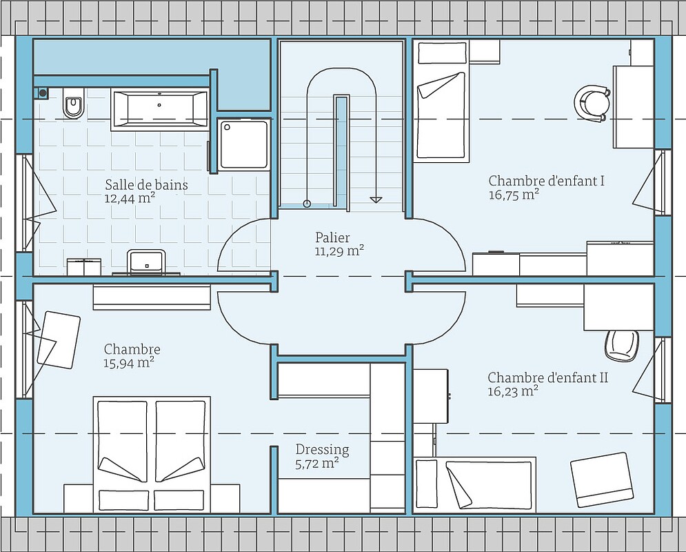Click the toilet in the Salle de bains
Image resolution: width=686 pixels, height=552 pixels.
click(x=74, y=103)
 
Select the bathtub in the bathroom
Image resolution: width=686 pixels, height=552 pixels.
click(x=159, y=109)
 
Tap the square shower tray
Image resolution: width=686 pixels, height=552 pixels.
click(x=243, y=144)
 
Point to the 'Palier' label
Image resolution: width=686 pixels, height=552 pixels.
click(x=332, y=237)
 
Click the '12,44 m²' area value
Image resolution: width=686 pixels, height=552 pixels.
click(x=130, y=198)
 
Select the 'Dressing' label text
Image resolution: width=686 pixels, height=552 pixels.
click(x=322, y=450)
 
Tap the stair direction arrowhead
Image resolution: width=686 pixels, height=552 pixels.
click(x=375, y=200)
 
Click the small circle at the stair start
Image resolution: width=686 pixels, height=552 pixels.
click(x=307, y=203)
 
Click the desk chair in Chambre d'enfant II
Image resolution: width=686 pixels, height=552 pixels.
click(x=622, y=346)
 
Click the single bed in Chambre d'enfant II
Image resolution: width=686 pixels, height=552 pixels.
click(x=475, y=484)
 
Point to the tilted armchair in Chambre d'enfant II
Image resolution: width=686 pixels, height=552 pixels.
click(x=602, y=480)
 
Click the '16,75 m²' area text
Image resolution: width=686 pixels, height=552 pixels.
click(x=514, y=195)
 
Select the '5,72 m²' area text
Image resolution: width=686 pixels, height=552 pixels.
click(x=317, y=464)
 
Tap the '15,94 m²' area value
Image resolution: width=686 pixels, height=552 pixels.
click(x=129, y=363)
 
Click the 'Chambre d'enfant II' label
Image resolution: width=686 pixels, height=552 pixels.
click(x=547, y=377)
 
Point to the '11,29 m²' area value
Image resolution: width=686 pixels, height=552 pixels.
click(x=339, y=251)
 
